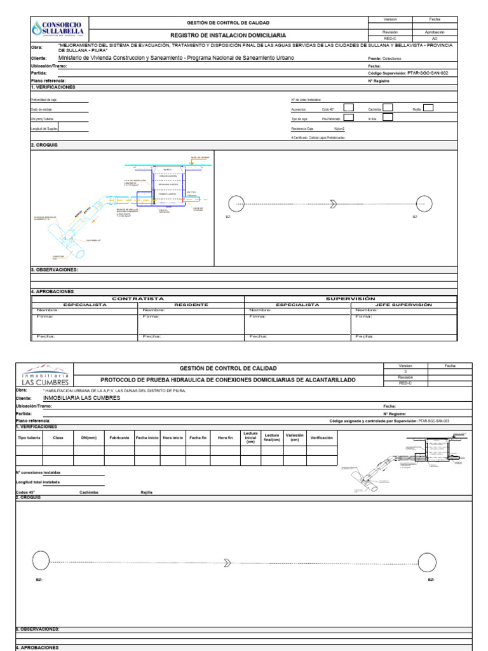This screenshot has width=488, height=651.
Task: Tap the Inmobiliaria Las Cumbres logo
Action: pyautogui.click(x=44, y=374)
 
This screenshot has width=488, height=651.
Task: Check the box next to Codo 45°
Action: pyautogui.click(x=348, y=108)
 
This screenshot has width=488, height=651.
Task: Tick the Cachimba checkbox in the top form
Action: pyautogui.click(x=388, y=108)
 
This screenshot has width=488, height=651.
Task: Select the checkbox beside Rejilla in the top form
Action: pyautogui.click(x=428, y=108)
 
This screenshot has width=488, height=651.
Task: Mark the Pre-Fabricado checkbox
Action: pyautogui.click(x=348, y=118)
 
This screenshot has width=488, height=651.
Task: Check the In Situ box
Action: pyautogui.click(x=388, y=118)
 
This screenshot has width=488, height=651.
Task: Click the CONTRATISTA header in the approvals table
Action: pyautogui.click(x=138, y=298)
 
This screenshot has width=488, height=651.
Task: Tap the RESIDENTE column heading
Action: pyautogui.click(x=191, y=305)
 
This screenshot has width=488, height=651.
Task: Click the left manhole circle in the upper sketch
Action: pyautogui.click(x=235, y=203)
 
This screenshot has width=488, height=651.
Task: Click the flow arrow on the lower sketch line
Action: pyautogui.click(x=227, y=562)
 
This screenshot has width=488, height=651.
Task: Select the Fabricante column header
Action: pyautogui.click(x=119, y=437)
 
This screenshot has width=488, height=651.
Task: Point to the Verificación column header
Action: pyautogui.click(x=322, y=437)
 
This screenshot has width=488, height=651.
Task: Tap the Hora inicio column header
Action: pyautogui.click(x=173, y=437)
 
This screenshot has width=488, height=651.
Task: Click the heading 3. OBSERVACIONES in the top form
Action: pyautogui.click(x=55, y=270)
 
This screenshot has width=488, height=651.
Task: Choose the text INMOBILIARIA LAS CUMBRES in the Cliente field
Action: pyautogui.click(x=81, y=398)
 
